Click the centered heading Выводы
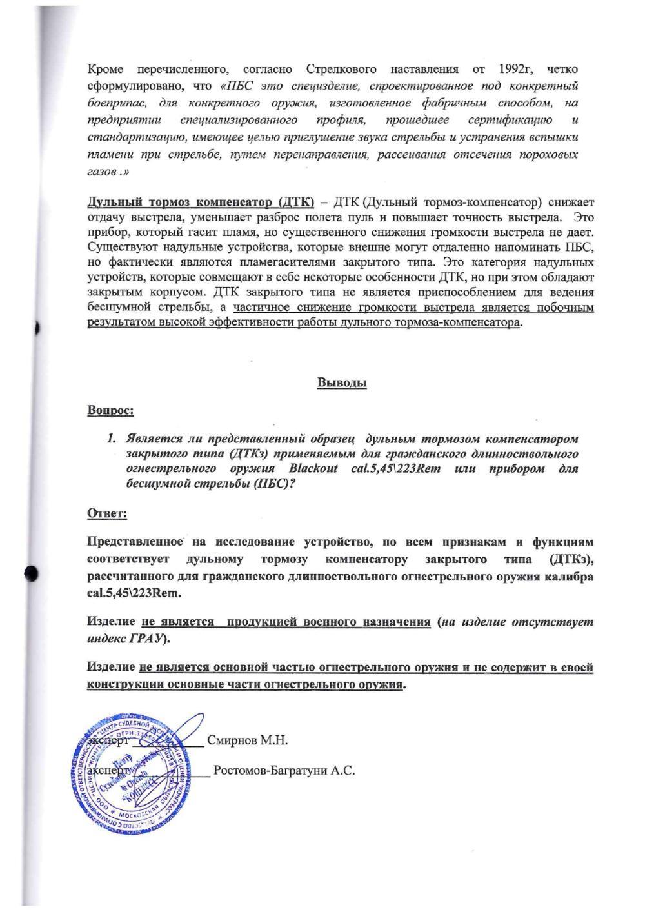tap(342, 383)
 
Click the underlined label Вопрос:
tap(110, 410)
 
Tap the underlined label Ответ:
tap(107, 513)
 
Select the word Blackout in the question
tap(313, 469)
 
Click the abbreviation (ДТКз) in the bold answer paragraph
tap(568, 558)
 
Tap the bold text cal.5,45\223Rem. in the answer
tap(135, 592)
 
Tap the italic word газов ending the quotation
tap(102, 173)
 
